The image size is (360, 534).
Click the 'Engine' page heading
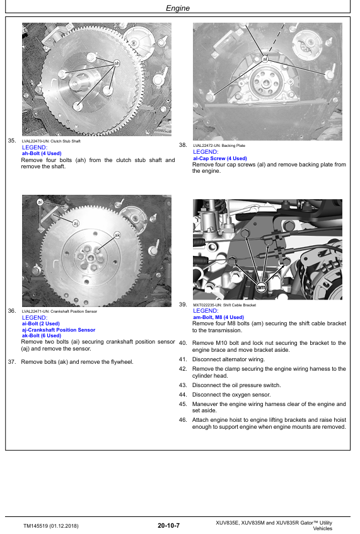click(177, 8)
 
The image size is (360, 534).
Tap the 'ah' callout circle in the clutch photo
click(117, 63)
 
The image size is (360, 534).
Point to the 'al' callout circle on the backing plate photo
click(265, 59)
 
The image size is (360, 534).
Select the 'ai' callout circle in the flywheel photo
click(40, 202)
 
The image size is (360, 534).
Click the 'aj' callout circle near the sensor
click(76, 223)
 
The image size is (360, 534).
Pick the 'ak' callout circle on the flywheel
click(117, 235)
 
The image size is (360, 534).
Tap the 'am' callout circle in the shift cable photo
click(261, 287)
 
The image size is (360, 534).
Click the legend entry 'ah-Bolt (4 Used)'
click(42, 154)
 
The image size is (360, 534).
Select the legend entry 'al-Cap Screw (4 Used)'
click(220, 158)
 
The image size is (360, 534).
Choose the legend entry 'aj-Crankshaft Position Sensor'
click(59, 330)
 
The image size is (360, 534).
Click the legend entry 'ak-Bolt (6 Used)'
click(42, 335)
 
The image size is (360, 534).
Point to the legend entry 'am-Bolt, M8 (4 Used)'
click(218, 317)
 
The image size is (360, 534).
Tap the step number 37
click(12, 362)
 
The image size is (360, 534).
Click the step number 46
click(183, 420)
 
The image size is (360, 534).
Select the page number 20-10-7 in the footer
click(168, 525)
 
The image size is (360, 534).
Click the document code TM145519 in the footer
click(36, 526)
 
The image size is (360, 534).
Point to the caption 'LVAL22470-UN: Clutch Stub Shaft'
click(51, 141)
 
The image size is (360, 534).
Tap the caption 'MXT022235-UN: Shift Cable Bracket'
click(224, 305)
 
